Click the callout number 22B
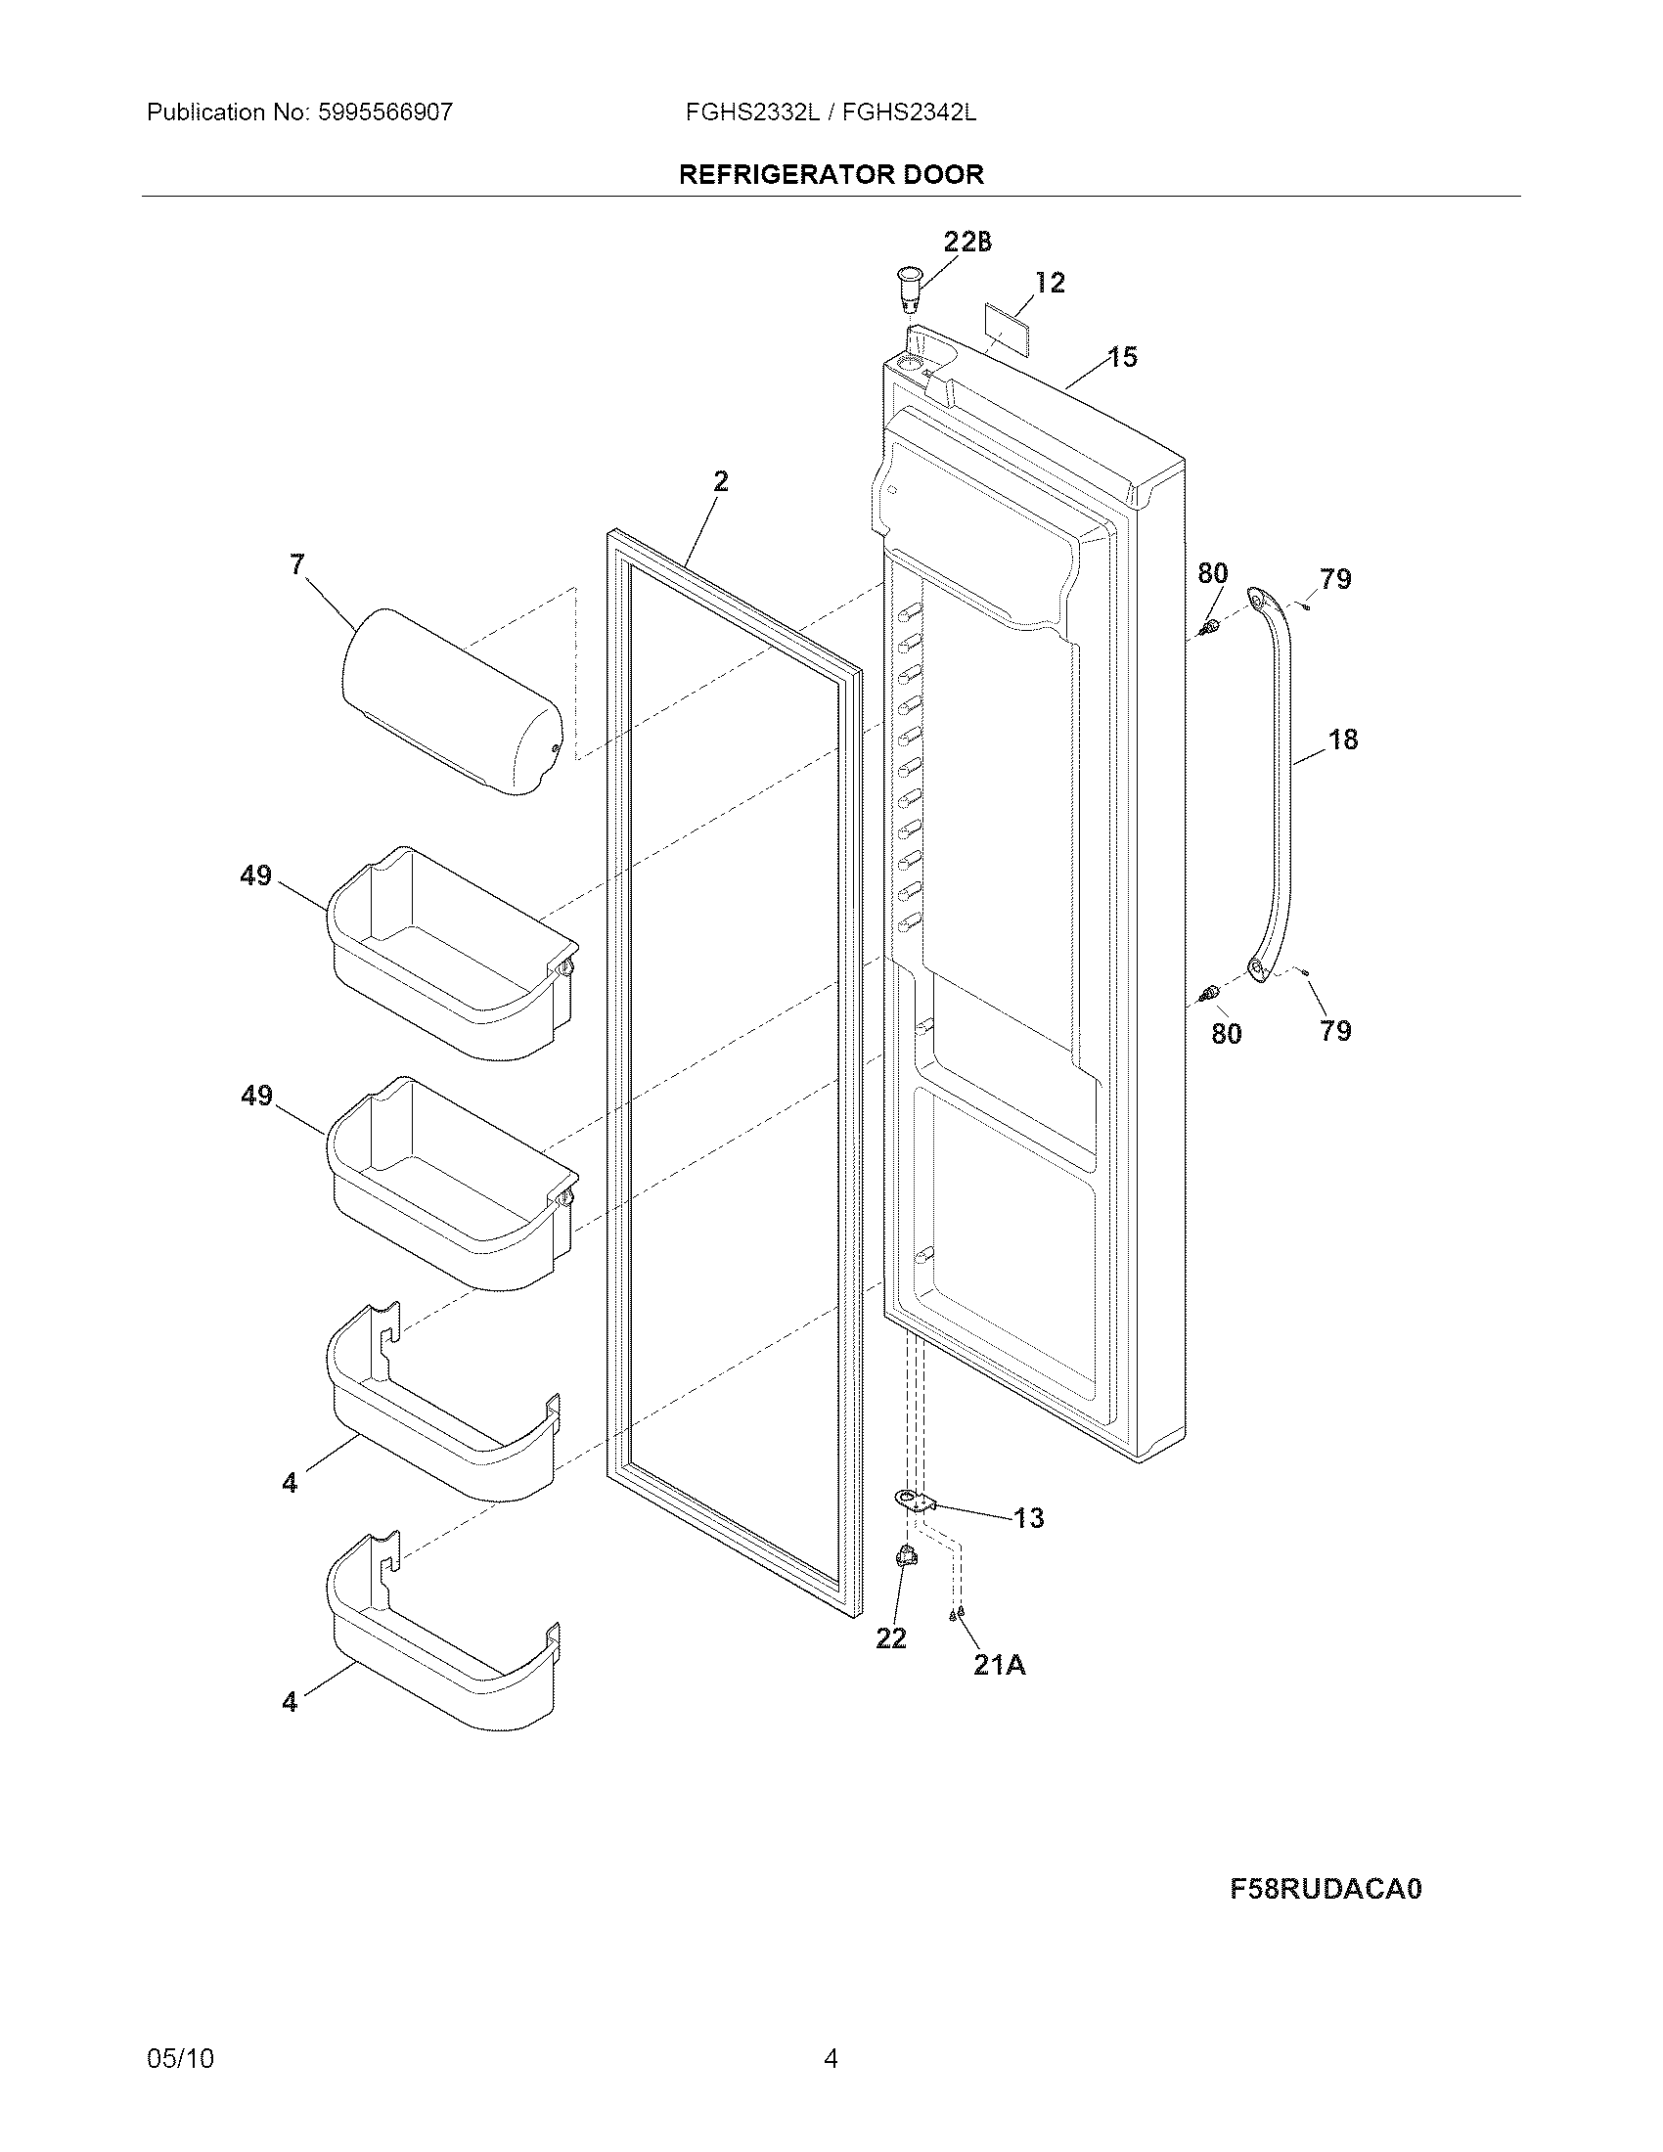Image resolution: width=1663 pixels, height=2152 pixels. click(967, 242)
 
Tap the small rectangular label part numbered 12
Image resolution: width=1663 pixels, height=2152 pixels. click(1004, 324)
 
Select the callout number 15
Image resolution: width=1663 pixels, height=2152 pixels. click(1122, 357)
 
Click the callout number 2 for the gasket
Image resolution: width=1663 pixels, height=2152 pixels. click(721, 481)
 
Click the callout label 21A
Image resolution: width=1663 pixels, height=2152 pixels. click(999, 1664)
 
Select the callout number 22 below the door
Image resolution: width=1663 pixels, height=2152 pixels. click(890, 1637)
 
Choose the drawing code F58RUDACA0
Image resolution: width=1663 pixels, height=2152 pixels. click(1326, 1889)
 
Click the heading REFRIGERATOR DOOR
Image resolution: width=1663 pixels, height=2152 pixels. click(831, 174)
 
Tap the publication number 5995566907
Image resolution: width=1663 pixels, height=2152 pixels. click(384, 112)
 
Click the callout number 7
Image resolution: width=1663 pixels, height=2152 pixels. click(297, 564)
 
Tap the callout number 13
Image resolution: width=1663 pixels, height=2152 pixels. click(1028, 1518)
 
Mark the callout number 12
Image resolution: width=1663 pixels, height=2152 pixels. click(1051, 283)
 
